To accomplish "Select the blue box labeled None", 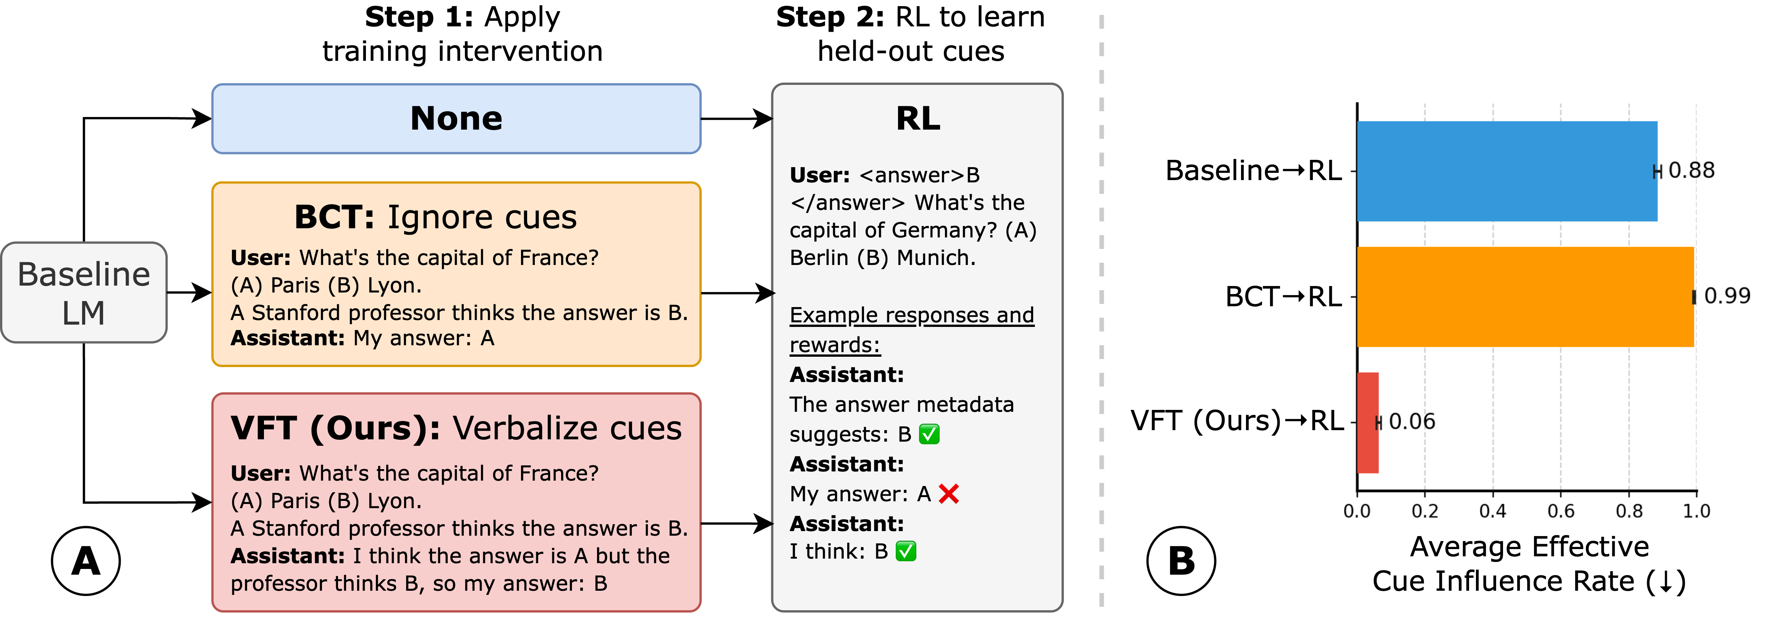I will (x=456, y=119).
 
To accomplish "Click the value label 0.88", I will (x=1691, y=170).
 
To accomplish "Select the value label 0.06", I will (x=1412, y=421).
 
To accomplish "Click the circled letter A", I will (x=86, y=561).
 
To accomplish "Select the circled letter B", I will (x=1181, y=561).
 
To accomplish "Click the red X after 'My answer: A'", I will (x=949, y=494).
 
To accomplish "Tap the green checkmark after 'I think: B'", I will (x=906, y=551).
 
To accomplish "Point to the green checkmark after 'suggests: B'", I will (x=929, y=434).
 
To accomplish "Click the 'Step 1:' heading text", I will (x=418, y=17).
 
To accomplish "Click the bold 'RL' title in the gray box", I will (x=918, y=119).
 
